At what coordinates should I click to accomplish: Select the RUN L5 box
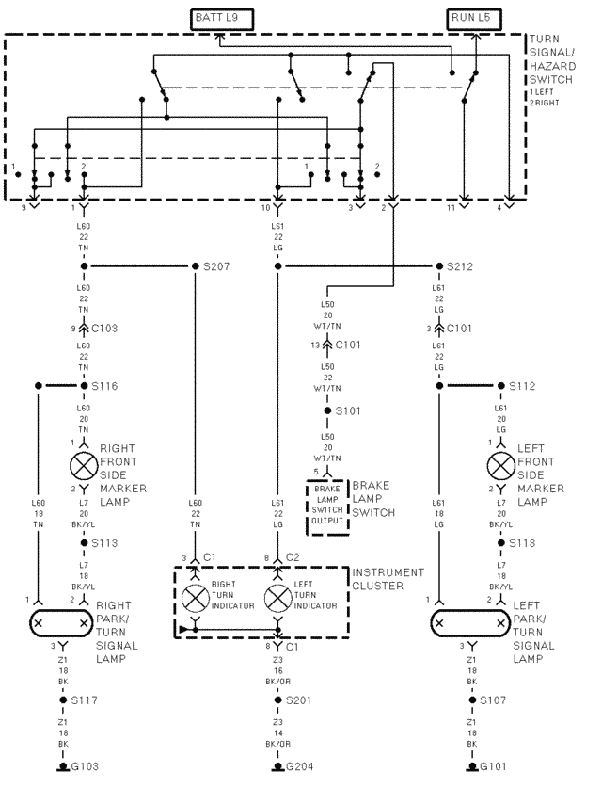pyautogui.click(x=475, y=17)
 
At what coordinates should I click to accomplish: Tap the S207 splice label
pyautogui.click(x=216, y=265)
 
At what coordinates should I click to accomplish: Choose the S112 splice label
pyautogui.click(x=521, y=386)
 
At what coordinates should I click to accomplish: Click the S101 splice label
pyautogui.click(x=348, y=411)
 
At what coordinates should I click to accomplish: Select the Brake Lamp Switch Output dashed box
pyautogui.click(x=326, y=507)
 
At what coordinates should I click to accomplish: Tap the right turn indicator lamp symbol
pyautogui.click(x=196, y=598)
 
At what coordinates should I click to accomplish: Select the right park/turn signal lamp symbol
pyautogui.click(x=61, y=623)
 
